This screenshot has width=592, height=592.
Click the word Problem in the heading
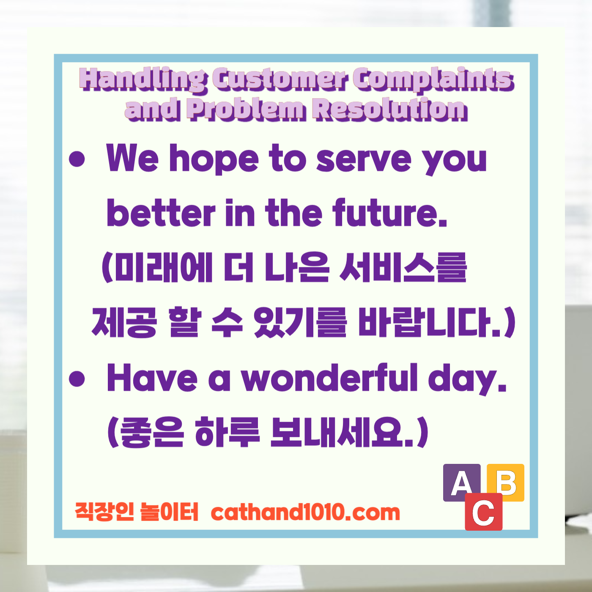coord(246,109)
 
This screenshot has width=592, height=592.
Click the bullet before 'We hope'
coord(77,159)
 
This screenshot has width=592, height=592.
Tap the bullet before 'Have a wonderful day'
coord(77,378)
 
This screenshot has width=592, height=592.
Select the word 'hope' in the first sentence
coord(214,159)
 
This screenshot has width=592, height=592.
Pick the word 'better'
coord(161,213)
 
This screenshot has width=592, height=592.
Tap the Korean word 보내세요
coord(343,432)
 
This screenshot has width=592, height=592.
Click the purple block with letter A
coord(461,482)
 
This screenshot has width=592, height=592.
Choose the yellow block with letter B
coord(506,482)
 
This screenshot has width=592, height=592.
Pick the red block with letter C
coord(483,513)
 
